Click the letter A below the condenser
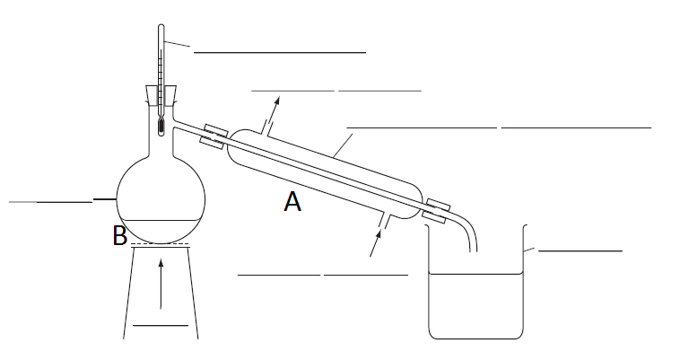point(292,203)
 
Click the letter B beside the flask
point(119,236)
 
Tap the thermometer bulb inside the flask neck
point(160,127)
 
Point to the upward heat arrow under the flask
point(161,283)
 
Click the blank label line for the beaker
point(580,250)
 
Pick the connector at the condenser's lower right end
point(438,211)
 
